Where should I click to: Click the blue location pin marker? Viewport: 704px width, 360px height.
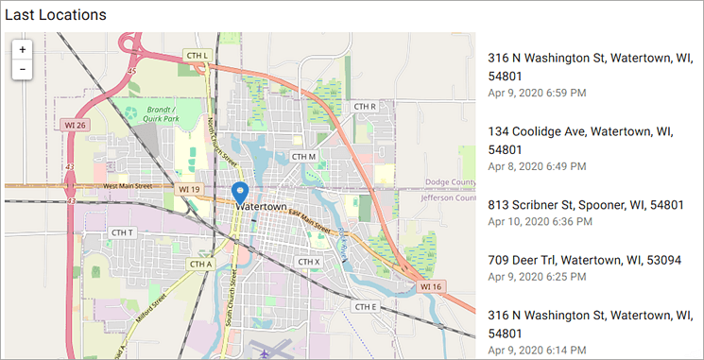(x=240, y=194)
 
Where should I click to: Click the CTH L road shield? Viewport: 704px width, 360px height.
(x=197, y=57)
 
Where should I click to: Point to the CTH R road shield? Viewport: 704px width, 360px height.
(x=365, y=107)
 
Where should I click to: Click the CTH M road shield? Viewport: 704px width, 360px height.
(x=303, y=156)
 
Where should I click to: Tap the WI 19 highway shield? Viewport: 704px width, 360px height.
(x=188, y=189)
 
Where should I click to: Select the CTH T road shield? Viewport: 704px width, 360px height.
(x=123, y=232)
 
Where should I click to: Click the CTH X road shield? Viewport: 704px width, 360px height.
(x=309, y=262)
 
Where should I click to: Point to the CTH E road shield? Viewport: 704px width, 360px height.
(x=365, y=307)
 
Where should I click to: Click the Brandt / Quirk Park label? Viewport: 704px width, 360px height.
(x=168, y=114)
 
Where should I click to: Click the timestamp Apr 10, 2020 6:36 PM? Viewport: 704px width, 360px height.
(x=540, y=222)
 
